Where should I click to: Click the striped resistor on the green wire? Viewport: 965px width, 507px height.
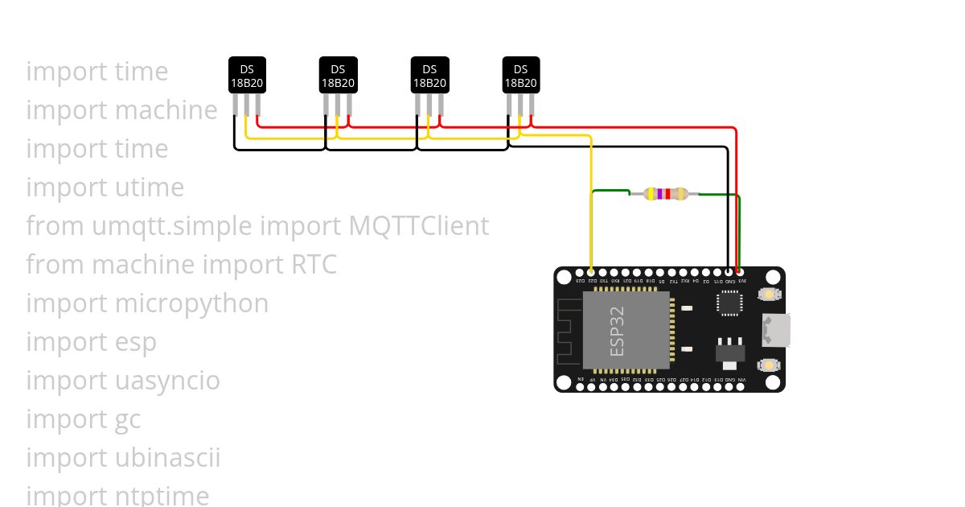[x=667, y=193]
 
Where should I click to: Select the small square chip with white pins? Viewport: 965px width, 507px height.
[x=730, y=303]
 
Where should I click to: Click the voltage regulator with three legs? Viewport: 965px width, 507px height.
[x=730, y=352]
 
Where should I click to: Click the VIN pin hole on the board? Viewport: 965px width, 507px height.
[x=741, y=387]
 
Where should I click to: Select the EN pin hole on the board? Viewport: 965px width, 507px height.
[x=581, y=387]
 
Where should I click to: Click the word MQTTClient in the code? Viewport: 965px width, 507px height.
[x=419, y=226]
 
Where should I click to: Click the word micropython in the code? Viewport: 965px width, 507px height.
[x=191, y=303]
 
